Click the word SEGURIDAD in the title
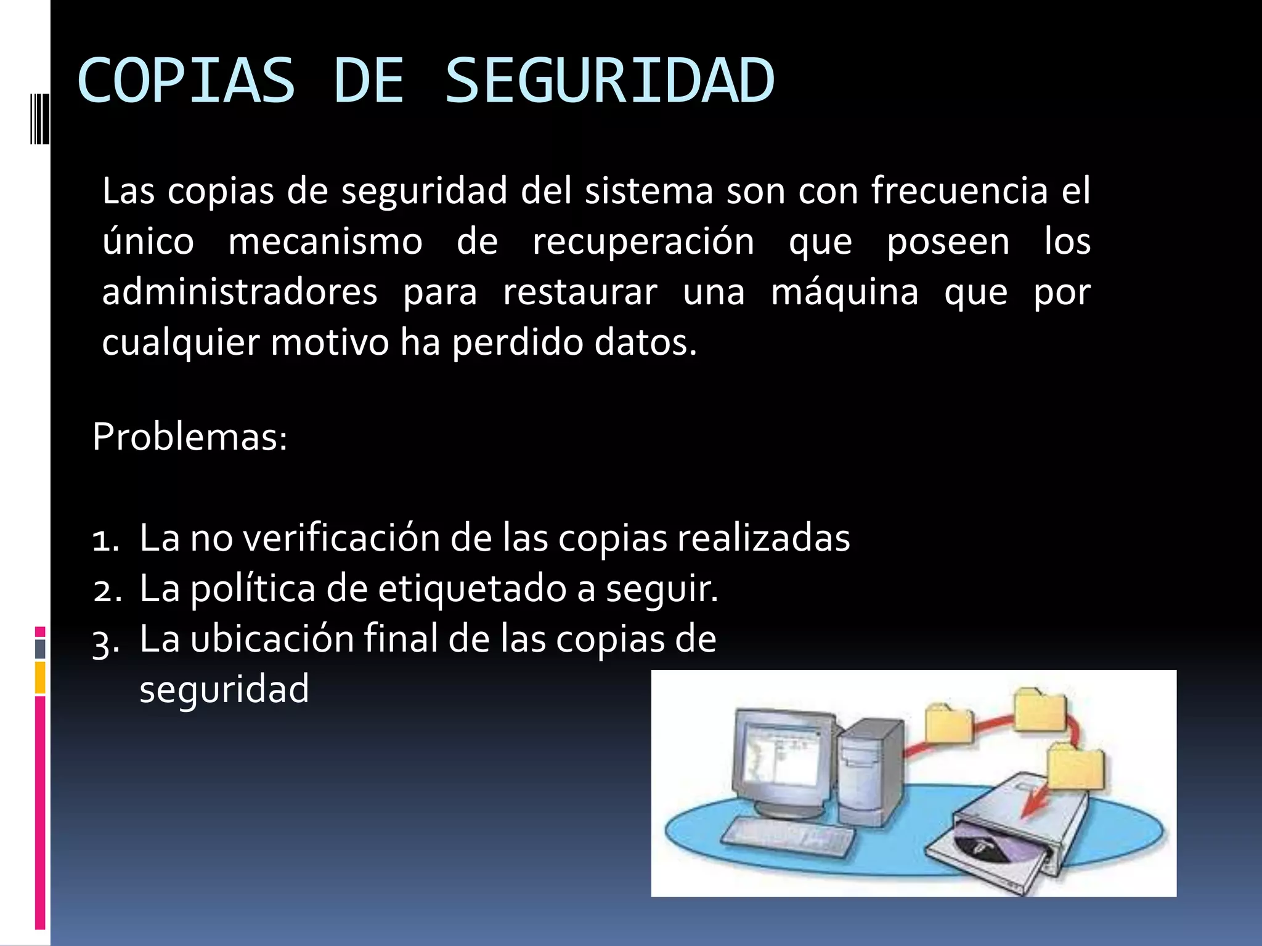609,81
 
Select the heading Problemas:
190,437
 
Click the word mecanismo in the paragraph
325,241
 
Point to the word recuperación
643,241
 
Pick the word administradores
240,292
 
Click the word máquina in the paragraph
845,292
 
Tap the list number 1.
105,540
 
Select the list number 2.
107,591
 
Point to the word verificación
341,538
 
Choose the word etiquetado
472,588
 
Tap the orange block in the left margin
40,677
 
